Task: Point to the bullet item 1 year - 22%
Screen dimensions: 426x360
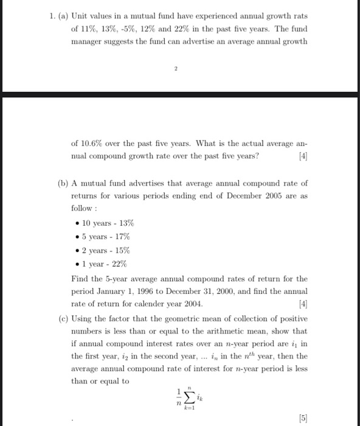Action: [100, 264]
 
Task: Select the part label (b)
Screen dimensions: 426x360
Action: [61, 183]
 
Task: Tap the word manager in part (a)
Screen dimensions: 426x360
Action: [90, 42]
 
